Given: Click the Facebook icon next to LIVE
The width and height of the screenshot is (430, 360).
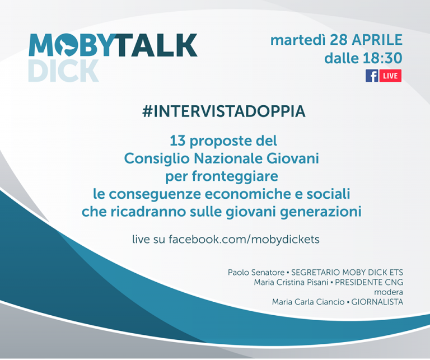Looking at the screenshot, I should [x=372, y=76].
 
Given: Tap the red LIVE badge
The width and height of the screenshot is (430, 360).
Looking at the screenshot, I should [x=391, y=76].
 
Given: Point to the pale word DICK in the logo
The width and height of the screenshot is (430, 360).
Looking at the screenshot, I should [x=63, y=71].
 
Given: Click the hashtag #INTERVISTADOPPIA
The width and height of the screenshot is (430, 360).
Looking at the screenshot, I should [x=224, y=111].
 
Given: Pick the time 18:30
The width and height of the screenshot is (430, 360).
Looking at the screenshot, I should [x=384, y=58].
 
